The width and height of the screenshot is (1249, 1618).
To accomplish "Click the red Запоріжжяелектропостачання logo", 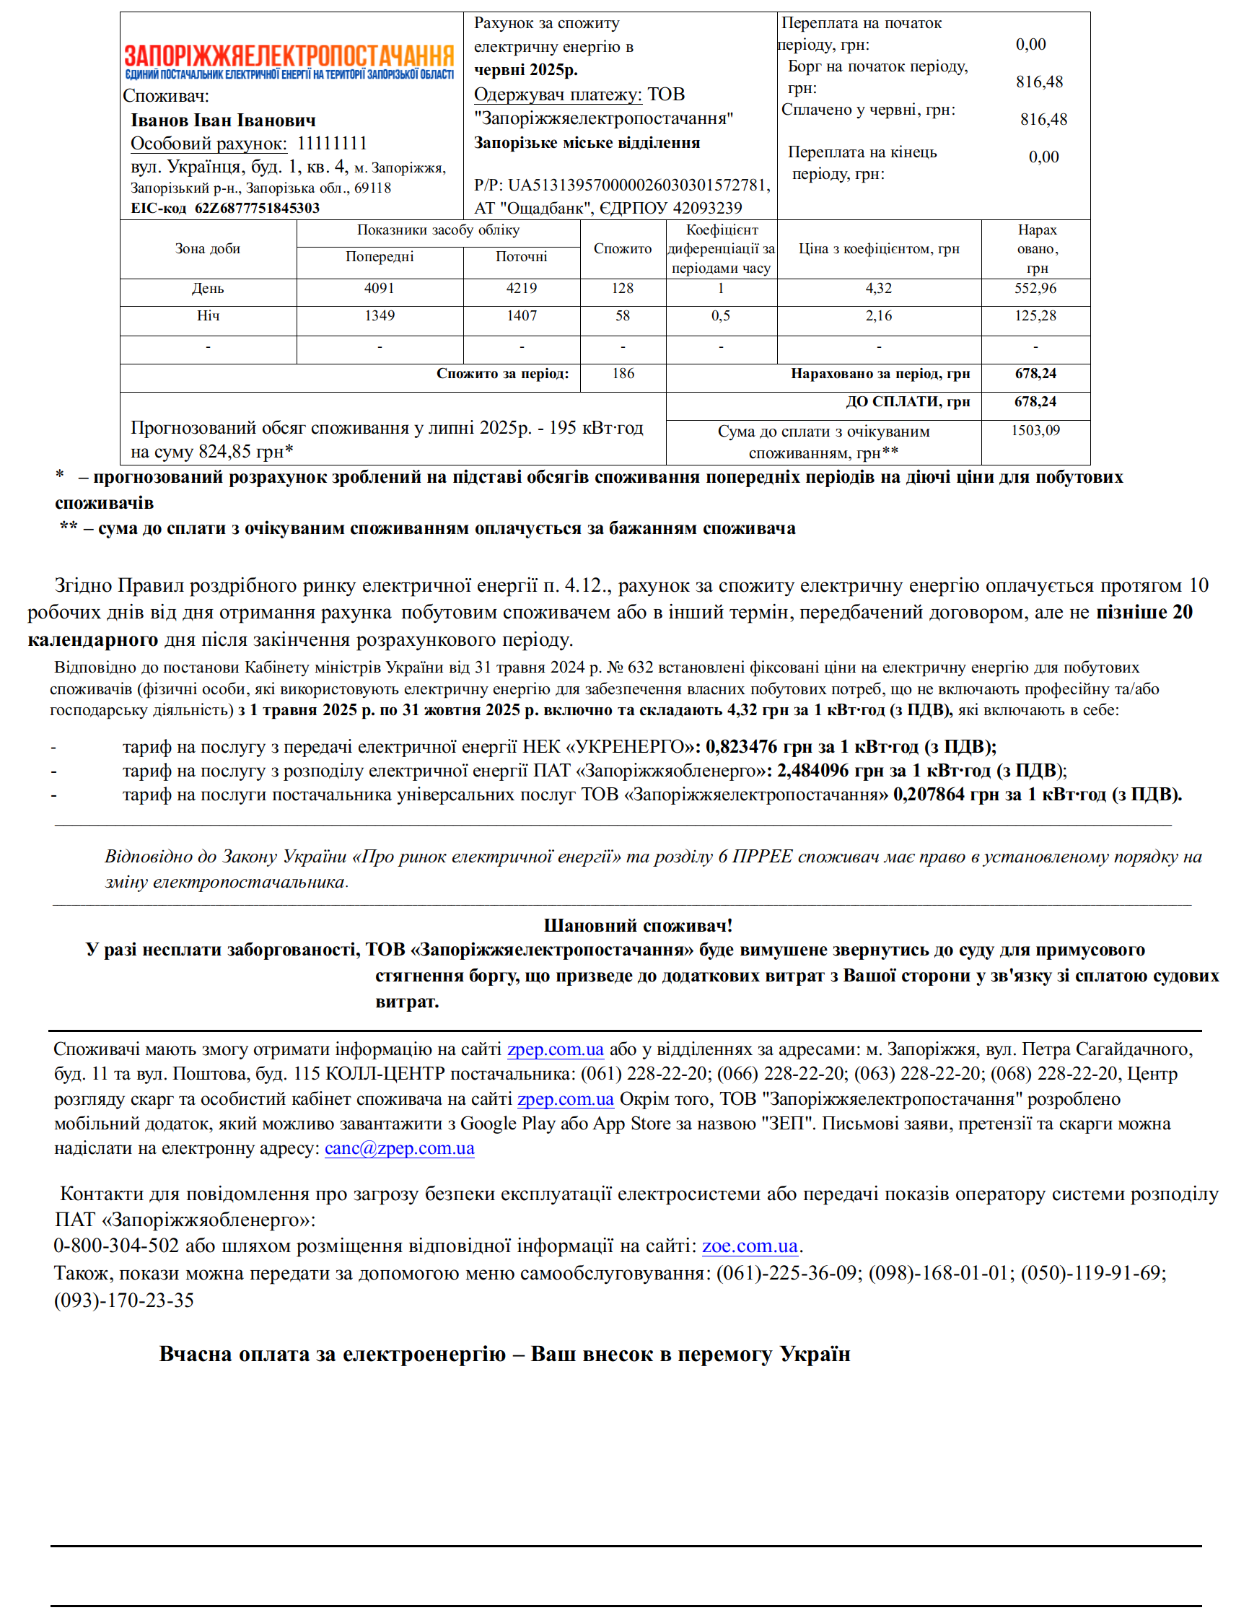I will pos(289,56).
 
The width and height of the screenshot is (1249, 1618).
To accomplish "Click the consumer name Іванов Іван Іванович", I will pos(223,120).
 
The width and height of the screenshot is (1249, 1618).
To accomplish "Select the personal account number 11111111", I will pos(332,143).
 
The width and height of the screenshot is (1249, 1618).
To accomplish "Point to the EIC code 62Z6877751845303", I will pos(257,208).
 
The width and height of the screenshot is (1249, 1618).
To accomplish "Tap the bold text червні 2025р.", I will pos(526,69).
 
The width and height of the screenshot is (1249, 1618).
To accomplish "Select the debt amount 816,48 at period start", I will pos(1038,82).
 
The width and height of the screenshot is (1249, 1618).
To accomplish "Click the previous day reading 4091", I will pos(380,288).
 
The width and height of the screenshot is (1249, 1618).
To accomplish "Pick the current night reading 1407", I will pos(522,315).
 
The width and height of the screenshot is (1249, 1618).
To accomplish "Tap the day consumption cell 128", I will pos(622,288).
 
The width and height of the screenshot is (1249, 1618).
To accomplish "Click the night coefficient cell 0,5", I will pos(721,315).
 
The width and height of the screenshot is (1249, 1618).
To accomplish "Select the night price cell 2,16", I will pos(879,315).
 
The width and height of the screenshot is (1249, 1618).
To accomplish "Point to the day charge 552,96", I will pos(1035,288).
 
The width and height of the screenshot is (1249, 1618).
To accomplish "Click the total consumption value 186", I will pos(623,373).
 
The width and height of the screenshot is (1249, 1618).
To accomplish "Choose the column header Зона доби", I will pos(207,249).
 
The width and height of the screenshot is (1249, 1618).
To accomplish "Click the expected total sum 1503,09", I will pos(1035,430).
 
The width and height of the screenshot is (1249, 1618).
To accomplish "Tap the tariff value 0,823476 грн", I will pos(752,746).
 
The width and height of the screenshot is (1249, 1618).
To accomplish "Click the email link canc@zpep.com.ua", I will pos(399,1148).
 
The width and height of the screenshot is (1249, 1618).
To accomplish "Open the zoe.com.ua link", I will pos(750,1246).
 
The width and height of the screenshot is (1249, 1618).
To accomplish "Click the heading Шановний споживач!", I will pos(638,925).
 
